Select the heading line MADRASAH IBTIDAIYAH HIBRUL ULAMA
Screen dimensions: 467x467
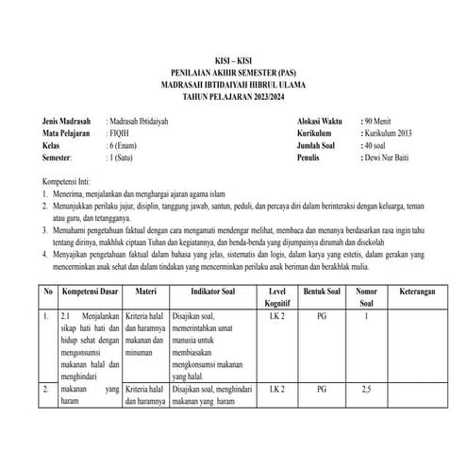point(233,83)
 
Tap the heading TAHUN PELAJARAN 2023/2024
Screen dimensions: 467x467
point(233,95)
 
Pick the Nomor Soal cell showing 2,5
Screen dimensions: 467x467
point(366,389)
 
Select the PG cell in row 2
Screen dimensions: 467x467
point(322,389)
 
